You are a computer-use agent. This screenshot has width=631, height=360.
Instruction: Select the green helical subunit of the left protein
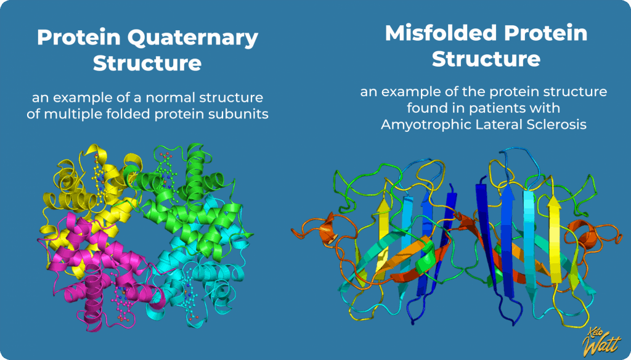[x=185, y=185]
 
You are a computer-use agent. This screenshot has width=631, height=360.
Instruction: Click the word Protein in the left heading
[x=75, y=38]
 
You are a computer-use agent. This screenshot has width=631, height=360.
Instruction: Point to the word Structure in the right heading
[x=486, y=59]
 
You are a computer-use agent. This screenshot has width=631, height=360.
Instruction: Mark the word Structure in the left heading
[x=147, y=64]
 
